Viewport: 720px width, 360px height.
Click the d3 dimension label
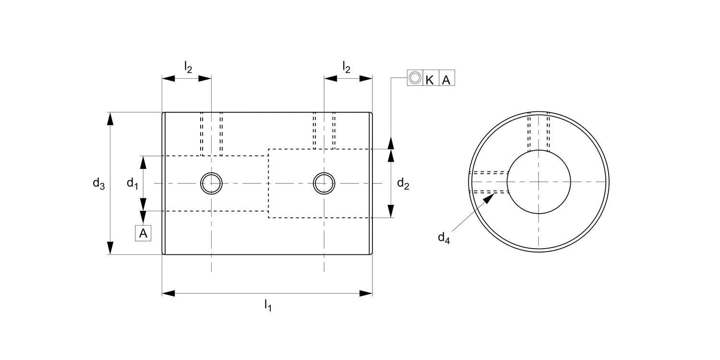pos(98,183)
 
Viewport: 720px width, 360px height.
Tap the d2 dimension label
pos(403,183)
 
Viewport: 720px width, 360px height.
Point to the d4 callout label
pos(444,238)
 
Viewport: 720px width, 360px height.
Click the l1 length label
pos(268,305)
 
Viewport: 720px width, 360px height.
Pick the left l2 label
pos(188,67)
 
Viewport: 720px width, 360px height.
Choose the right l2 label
pos(346,67)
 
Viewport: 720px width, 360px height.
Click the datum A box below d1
pos(143,233)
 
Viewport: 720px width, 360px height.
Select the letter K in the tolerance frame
pos(430,78)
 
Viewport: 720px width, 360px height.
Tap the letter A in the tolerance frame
pos(446,78)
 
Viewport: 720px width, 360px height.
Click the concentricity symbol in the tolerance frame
pos(415,78)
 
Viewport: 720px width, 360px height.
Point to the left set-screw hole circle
pos(211,183)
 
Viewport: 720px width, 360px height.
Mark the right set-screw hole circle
pos(324,183)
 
